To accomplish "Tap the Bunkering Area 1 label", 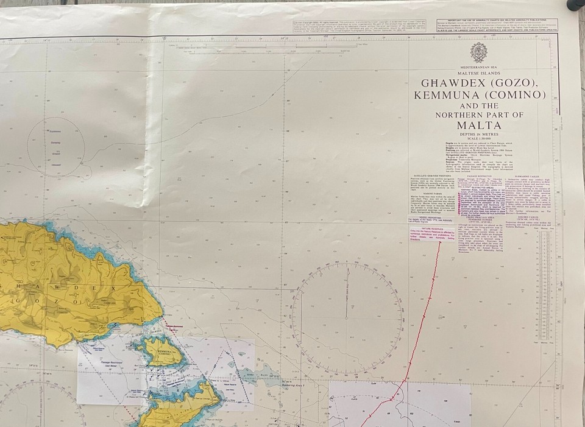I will coord(295,385).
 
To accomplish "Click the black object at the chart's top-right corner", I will coord(576,5).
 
